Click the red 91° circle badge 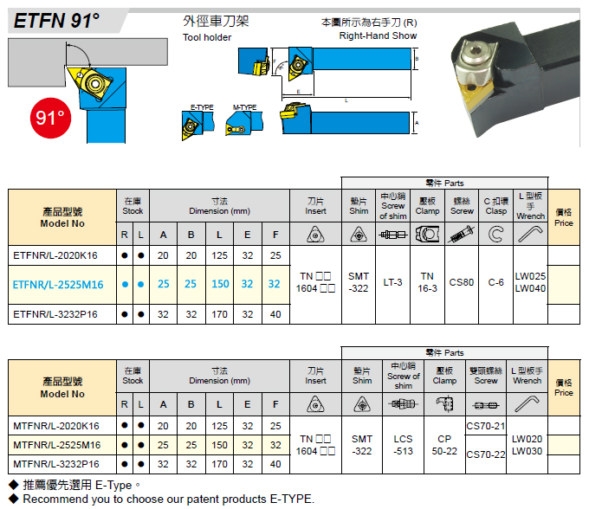50,118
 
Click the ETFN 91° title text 56,21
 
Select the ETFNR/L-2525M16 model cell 58,285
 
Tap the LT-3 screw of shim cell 392,282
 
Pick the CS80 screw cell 462,282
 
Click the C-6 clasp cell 495,282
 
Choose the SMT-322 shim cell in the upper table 359,282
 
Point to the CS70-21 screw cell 486,426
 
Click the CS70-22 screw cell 486,454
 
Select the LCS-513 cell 403,445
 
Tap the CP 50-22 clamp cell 444,445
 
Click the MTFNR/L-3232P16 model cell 56,464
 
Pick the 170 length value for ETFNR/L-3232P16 219,314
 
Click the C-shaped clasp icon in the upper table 495,235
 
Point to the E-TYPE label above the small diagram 202,107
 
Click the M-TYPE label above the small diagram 244,107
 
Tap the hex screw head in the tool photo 473,55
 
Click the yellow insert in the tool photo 476,93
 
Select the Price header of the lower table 564,388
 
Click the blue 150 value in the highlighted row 220,284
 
